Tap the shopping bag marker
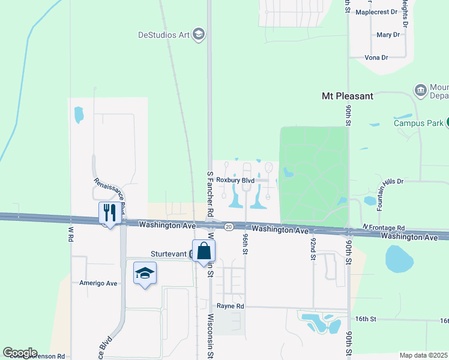(203, 251)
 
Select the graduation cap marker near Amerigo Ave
(145, 274)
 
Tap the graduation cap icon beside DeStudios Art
(199, 34)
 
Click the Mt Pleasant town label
(348, 96)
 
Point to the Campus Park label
(418, 123)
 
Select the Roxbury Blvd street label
(235, 180)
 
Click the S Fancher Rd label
(211, 194)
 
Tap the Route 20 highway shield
(229, 227)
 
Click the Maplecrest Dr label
(377, 11)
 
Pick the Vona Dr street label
(376, 58)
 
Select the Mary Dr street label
(388, 35)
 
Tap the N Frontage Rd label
(384, 228)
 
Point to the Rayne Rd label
(231, 306)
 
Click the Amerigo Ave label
(98, 283)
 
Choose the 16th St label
(365, 319)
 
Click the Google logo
(19, 353)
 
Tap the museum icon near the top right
(421, 91)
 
